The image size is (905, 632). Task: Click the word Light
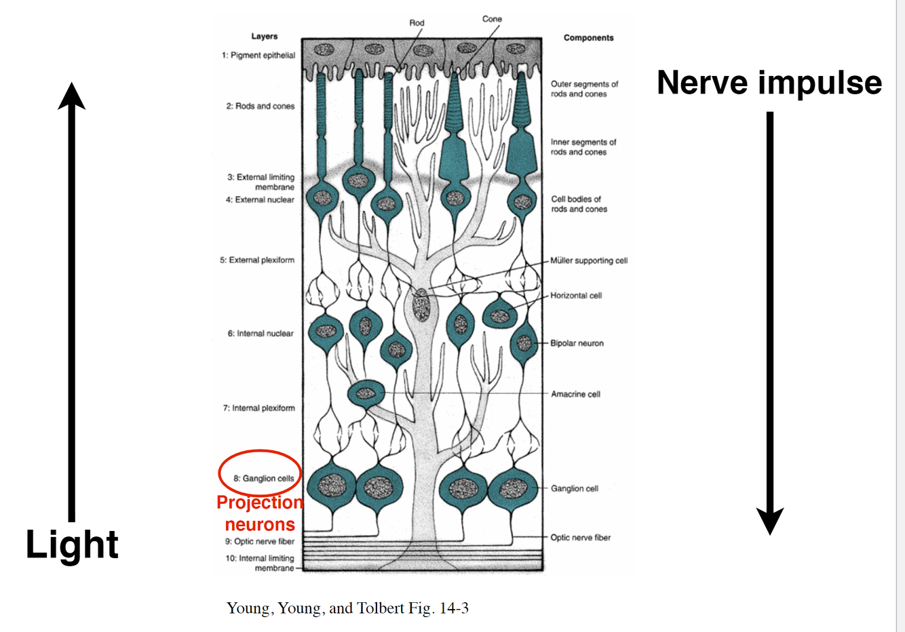72,545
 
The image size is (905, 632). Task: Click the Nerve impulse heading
769,83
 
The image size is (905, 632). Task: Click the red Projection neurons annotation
260,513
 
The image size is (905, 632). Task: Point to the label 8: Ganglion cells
264,478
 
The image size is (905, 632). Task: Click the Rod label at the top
417,23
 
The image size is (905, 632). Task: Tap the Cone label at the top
492,19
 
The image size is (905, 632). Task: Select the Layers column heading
264,37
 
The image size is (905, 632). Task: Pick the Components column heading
588,38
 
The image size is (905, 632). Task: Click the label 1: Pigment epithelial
258,56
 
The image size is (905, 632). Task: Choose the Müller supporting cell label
589,260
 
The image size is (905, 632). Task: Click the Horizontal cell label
576,296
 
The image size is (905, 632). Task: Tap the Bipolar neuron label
577,343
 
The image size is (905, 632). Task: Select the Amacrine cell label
575,394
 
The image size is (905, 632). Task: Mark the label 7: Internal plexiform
259,408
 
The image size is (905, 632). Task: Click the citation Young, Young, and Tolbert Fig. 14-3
347,608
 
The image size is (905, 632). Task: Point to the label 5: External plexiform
257,260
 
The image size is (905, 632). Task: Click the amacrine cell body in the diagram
366,393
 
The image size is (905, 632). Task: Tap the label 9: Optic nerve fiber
260,542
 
